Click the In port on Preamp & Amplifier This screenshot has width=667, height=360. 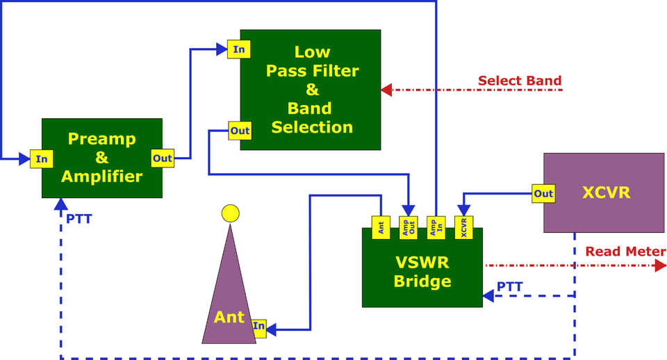point(42,158)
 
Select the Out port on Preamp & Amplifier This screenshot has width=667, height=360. point(162,158)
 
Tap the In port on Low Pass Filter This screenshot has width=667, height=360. point(238,49)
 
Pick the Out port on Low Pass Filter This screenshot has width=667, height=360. point(240,130)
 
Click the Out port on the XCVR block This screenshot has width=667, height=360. point(543,194)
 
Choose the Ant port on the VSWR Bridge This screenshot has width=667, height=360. point(380,228)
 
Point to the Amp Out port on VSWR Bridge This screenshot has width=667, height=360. point(409,228)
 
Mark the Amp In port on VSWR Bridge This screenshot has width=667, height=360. point(436,228)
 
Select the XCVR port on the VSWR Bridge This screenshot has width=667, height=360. point(463,228)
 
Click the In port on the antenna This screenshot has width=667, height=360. point(258,326)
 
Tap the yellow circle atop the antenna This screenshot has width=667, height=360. point(229,213)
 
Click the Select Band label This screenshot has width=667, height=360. point(519,81)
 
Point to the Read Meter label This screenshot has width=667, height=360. point(625,252)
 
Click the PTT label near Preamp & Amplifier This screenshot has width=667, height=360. point(79,219)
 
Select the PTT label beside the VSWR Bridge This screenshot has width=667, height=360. point(510,286)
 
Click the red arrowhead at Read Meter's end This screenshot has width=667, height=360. point(660,265)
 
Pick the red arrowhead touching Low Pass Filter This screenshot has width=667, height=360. point(387,90)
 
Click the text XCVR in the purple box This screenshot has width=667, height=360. point(606,193)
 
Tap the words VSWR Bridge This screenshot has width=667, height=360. point(422,272)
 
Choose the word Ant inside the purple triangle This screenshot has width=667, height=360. point(229,317)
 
